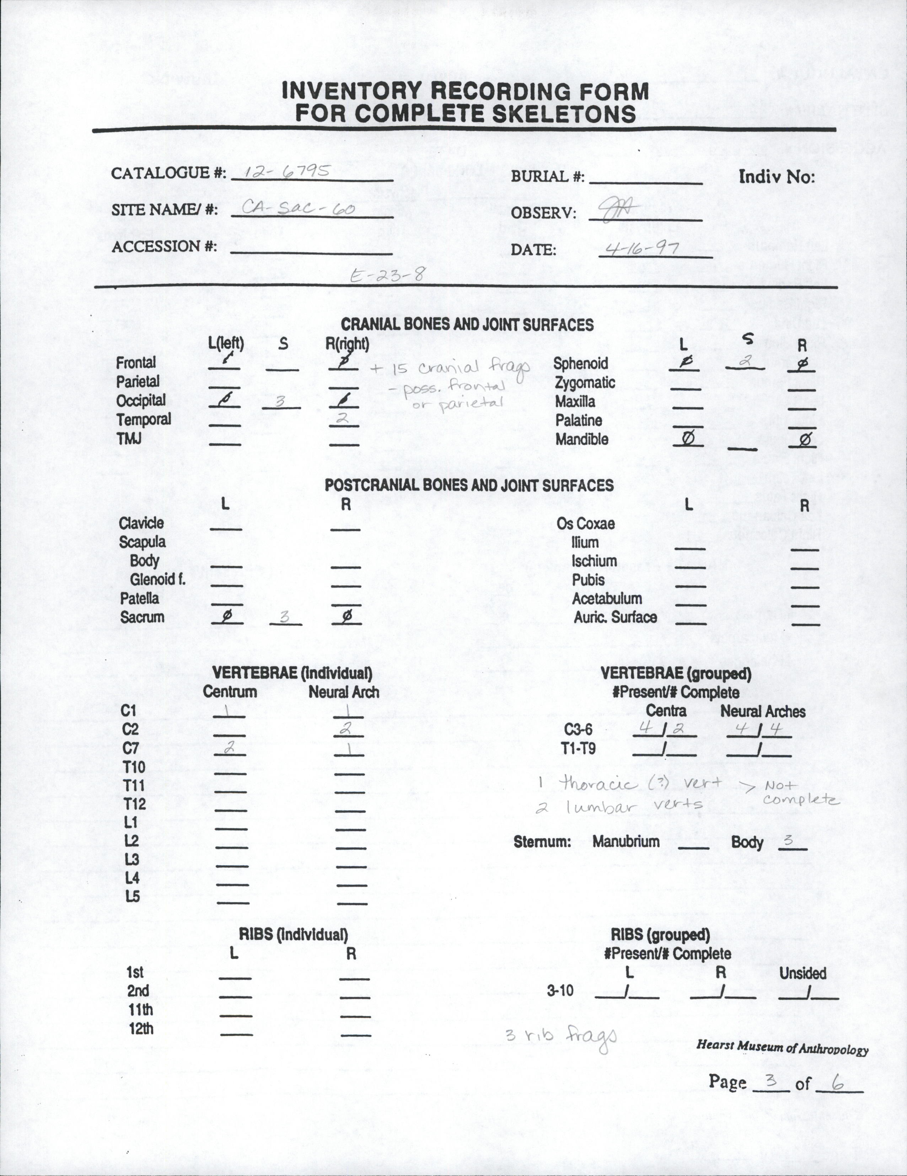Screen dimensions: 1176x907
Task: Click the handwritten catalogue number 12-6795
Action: click(286, 171)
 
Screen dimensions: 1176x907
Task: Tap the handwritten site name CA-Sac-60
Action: click(298, 207)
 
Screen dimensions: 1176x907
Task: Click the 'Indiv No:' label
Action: click(776, 177)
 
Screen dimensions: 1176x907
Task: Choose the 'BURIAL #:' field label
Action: click(547, 177)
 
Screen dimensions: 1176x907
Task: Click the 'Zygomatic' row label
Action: click(585, 383)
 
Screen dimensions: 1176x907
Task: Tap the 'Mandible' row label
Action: click(581, 439)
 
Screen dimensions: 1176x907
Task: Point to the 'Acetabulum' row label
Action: click(607, 598)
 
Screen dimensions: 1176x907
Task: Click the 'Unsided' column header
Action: click(803, 973)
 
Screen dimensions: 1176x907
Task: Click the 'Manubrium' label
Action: click(626, 841)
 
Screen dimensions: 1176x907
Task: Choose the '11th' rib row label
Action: click(140, 1010)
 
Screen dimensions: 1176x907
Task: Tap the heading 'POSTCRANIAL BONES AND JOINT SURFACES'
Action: click(469, 485)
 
